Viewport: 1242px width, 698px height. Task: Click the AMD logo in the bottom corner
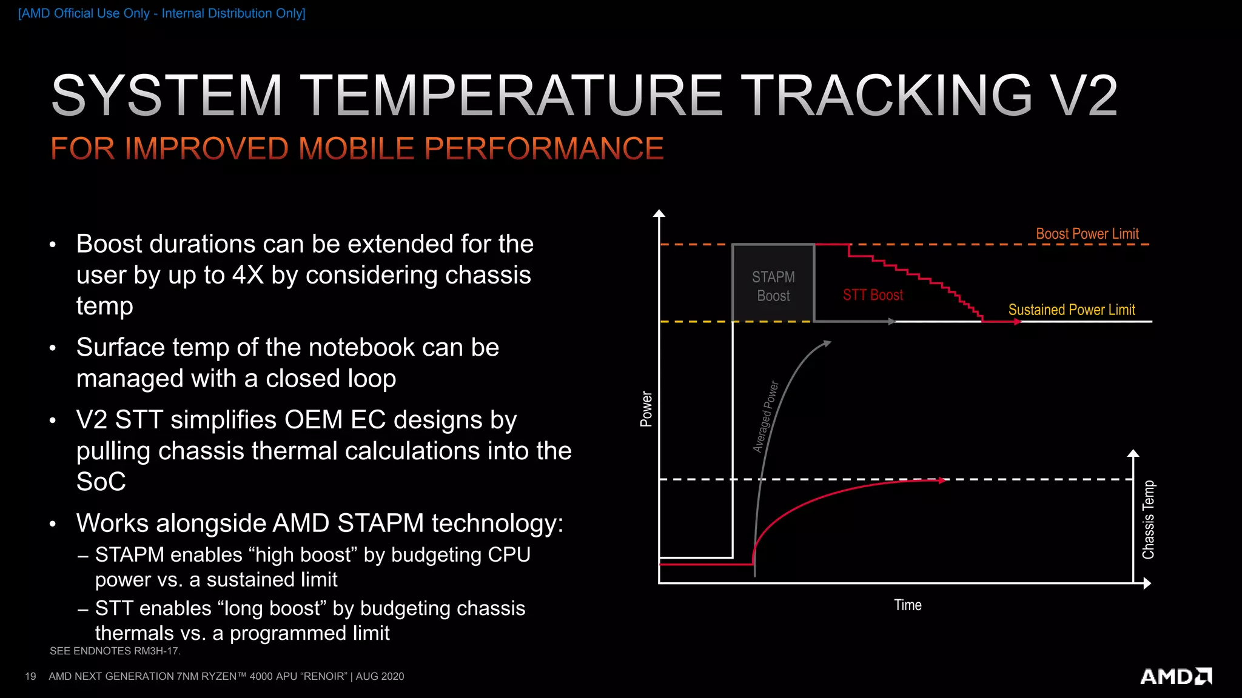pyautogui.click(x=1175, y=676)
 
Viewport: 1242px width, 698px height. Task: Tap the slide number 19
pyautogui.click(x=30, y=676)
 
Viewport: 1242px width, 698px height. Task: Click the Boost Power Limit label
pyautogui.click(x=1087, y=234)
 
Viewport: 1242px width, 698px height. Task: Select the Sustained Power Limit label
pyautogui.click(x=1071, y=310)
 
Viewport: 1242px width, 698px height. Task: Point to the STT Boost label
pyautogui.click(x=872, y=295)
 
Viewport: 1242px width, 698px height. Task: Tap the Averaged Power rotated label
pyautogui.click(x=765, y=417)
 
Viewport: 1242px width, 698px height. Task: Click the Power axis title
pyautogui.click(x=646, y=409)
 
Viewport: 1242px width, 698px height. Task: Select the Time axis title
pyautogui.click(x=907, y=605)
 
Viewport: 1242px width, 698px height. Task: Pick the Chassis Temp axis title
pyautogui.click(x=1148, y=520)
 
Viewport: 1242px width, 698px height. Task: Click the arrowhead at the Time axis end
pyautogui.click(x=1147, y=583)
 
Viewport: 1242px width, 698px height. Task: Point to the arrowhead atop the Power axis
pyautogui.click(x=659, y=213)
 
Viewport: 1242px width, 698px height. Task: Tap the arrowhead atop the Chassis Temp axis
pyautogui.click(x=1133, y=453)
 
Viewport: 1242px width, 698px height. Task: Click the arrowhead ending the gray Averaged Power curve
pyautogui.click(x=827, y=344)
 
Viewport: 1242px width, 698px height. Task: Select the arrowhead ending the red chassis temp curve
pyautogui.click(x=942, y=480)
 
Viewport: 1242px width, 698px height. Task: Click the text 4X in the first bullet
pyautogui.click(x=248, y=275)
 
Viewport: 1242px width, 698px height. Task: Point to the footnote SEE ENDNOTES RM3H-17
pyautogui.click(x=115, y=651)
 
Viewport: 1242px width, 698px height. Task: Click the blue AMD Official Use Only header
pyautogui.click(x=162, y=13)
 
